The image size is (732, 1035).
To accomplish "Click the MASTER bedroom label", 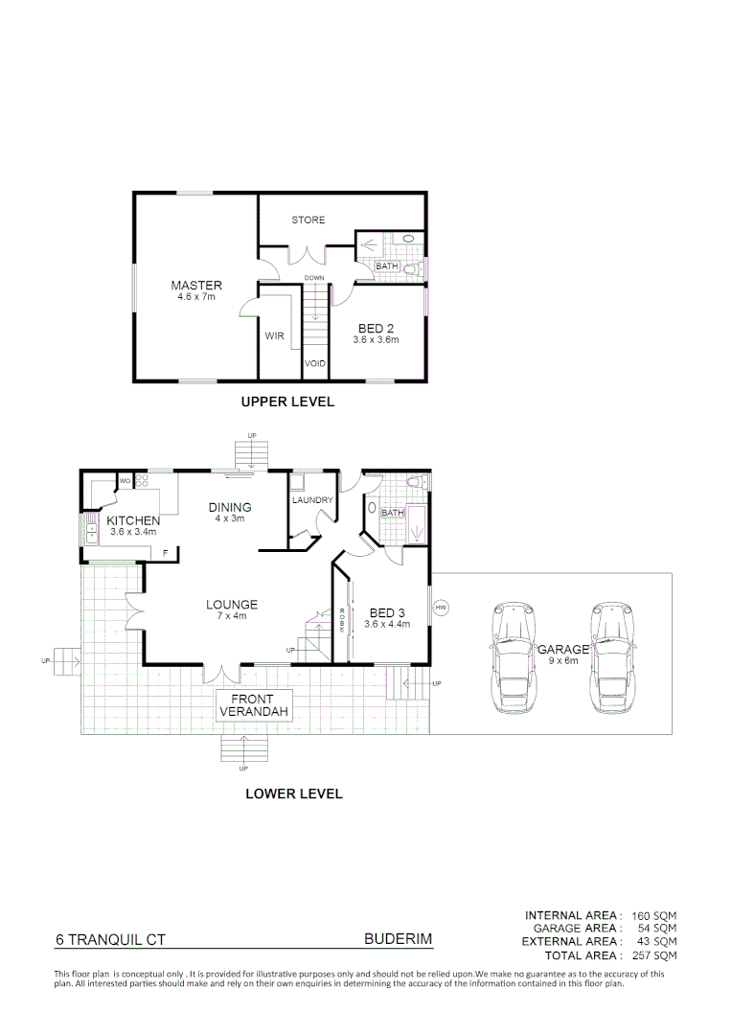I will [196, 286].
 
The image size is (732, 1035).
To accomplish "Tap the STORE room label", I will [309, 220].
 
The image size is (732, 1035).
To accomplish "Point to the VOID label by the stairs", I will [315, 364].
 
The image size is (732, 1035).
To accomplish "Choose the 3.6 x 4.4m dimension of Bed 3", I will [388, 624].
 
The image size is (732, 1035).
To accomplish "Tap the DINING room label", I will [230, 507].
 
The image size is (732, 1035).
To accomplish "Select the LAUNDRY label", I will [312, 500].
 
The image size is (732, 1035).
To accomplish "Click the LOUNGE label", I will [231, 605].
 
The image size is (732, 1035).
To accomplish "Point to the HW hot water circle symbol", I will [441, 608].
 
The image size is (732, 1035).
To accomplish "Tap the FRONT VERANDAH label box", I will [253, 705].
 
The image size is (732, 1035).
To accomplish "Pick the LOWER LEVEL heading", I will [294, 793].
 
